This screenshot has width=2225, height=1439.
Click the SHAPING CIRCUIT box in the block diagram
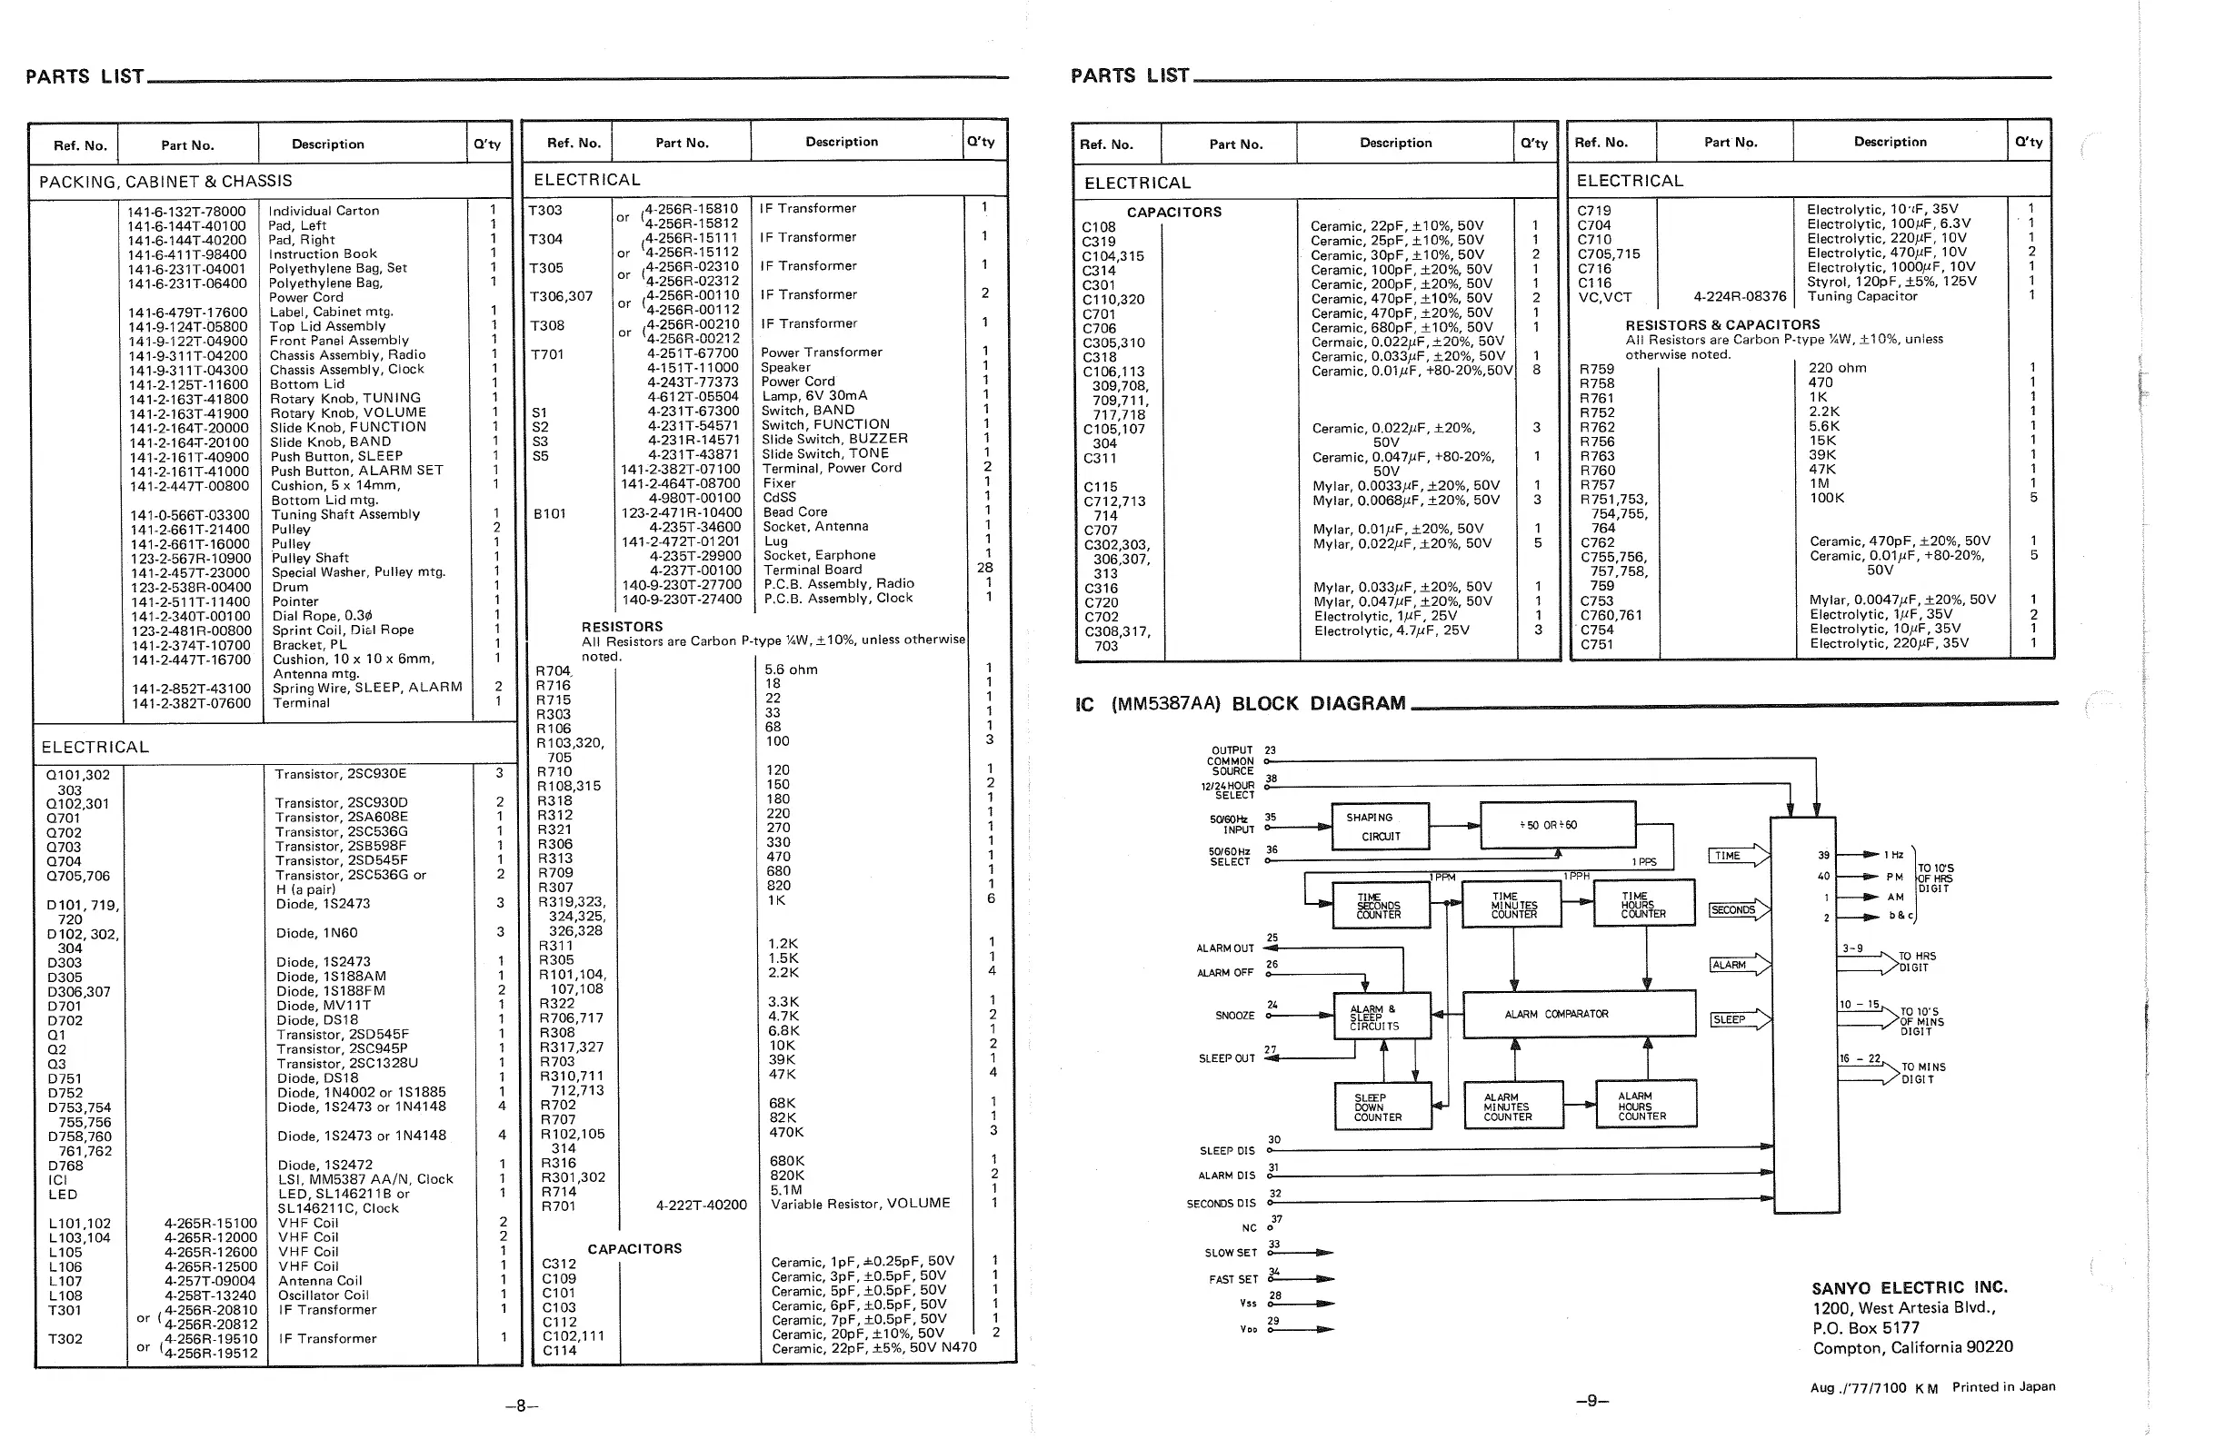1380,826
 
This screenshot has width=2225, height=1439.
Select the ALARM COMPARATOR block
1578,1014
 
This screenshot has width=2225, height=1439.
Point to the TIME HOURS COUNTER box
1643,905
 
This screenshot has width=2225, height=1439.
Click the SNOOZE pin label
1234,1016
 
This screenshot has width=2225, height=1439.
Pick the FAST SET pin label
1233,1279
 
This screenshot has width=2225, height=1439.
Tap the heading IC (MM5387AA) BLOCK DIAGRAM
1240,704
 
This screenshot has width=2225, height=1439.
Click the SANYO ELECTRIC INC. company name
1909,1287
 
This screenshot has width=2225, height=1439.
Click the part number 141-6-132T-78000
187,211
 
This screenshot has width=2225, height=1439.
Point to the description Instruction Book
323,253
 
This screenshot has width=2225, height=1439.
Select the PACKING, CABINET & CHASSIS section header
165,182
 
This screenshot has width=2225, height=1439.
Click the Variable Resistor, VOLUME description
860,1204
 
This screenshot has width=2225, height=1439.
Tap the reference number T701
548,354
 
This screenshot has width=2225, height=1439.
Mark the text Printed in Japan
2003,1386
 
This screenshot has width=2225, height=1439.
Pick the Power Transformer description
821,352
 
